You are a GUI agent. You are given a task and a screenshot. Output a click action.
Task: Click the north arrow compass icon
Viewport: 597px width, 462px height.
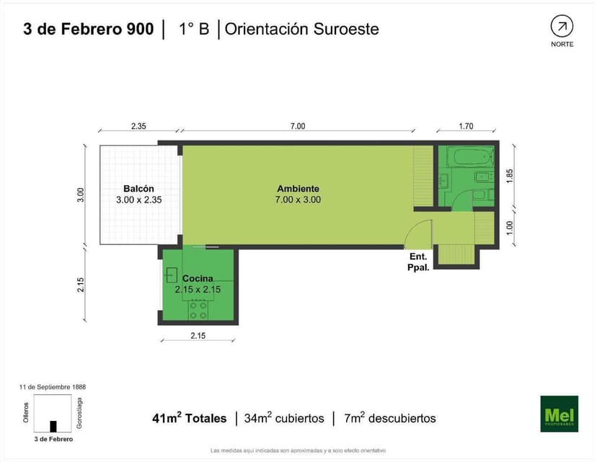562,27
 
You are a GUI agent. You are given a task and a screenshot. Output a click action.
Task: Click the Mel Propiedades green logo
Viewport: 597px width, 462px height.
559,414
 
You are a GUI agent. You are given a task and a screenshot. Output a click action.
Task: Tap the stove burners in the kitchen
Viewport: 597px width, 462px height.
199,310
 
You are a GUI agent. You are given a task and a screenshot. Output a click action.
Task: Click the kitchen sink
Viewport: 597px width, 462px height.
172,274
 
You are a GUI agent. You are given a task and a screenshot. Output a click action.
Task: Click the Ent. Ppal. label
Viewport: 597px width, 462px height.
419,261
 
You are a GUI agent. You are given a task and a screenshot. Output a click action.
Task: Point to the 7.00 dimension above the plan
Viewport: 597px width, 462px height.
298,126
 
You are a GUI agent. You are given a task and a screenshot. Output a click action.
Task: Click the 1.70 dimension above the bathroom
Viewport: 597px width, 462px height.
466,126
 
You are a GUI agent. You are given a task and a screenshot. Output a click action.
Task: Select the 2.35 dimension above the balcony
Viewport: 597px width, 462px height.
138,126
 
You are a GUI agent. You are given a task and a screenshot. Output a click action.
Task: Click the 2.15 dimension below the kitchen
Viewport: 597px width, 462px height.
198,335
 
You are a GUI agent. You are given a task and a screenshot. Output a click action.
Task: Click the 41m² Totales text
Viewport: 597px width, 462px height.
189,418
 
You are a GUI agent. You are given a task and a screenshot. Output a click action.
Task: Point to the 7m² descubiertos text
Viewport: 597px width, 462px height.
390,418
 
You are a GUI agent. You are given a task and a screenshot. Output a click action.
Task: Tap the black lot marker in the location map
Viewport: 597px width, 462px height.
53,426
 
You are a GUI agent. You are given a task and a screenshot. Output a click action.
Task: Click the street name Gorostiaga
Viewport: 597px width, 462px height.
79,414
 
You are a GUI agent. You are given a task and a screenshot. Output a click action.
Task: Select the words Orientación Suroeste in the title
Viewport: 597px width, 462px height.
302,29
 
